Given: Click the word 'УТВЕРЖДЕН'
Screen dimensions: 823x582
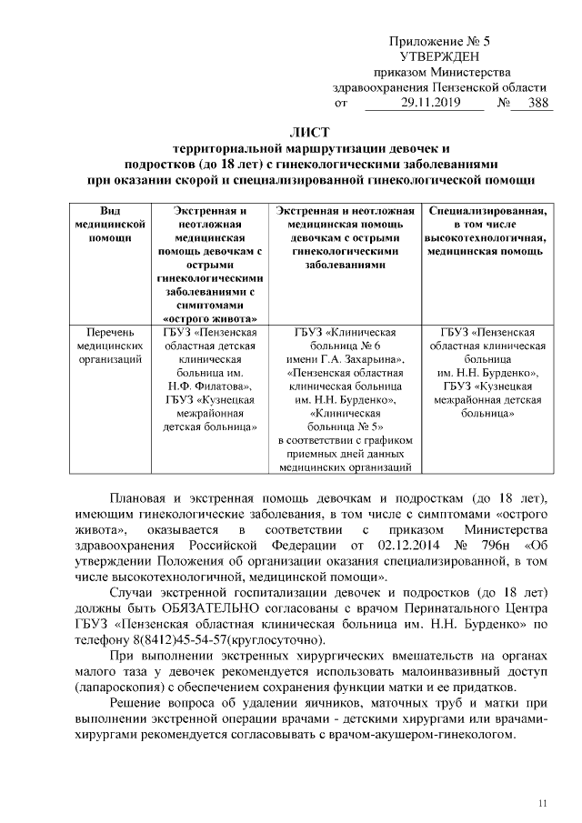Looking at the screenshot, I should pyautogui.click(x=439, y=56).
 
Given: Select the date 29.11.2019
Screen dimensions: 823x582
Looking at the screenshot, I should pyautogui.click(x=423, y=104).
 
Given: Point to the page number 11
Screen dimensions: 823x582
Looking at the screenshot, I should pyautogui.click(x=543, y=801).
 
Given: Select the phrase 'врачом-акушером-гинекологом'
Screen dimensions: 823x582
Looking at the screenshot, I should pyautogui.click(x=428, y=734).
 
